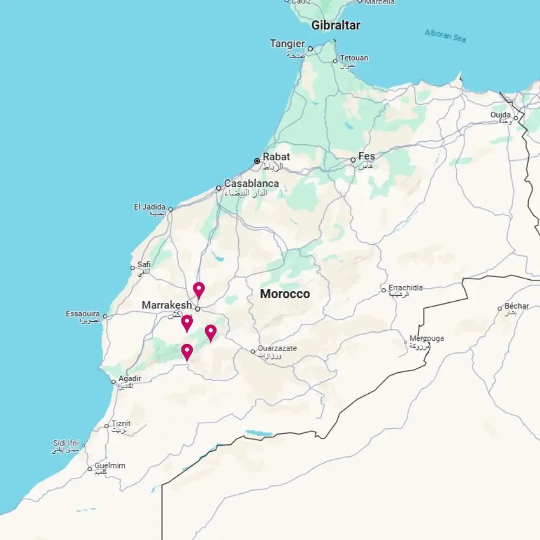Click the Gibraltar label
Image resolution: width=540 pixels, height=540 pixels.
click(335, 25)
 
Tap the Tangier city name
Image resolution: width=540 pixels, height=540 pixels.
click(287, 44)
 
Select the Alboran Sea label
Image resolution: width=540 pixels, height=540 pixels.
click(445, 36)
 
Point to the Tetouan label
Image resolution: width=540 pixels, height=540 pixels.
click(354, 58)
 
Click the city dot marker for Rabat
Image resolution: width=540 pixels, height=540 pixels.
click(257, 161)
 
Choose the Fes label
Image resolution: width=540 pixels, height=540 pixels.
click(366, 156)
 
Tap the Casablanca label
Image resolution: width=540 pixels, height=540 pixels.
click(251, 183)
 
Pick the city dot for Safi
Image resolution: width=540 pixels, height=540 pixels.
click(132, 267)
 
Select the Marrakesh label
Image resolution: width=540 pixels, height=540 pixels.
click(166, 305)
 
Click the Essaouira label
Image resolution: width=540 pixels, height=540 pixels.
click(83, 313)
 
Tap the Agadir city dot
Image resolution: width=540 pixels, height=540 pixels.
click(113, 382)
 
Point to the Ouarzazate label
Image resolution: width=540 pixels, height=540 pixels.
click(277, 348)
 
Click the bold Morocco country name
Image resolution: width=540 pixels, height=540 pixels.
click(285, 294)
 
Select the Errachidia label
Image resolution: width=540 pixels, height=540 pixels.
click(406, 288)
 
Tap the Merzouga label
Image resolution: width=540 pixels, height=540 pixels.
click(427, 339)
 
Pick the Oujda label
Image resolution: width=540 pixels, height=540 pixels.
click(501, 114)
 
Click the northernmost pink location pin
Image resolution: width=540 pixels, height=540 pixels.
click(199, 290)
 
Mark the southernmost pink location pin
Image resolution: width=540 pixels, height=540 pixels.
click(187, 352)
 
